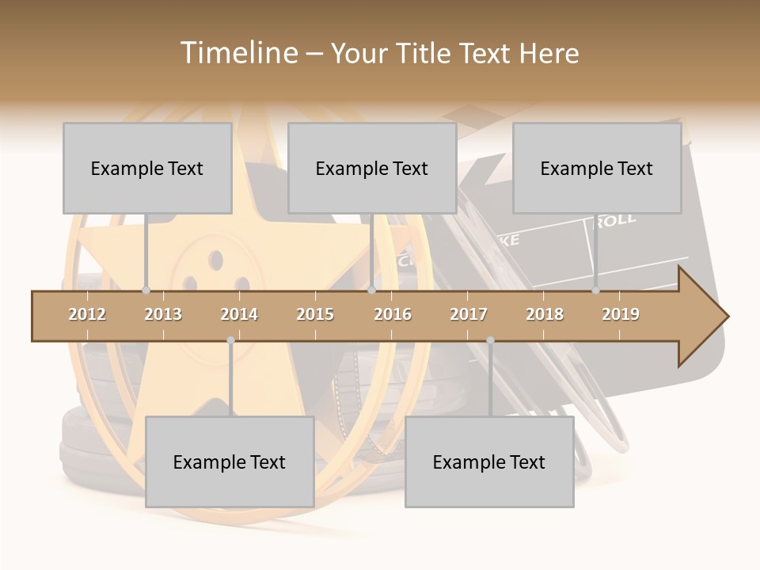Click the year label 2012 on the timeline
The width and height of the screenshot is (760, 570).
[x=87, y=314]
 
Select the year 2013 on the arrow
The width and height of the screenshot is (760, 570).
[x=163, y=314]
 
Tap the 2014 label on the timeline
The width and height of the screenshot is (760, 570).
[x=239, y=314]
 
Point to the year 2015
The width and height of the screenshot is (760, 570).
[x=315, y=314]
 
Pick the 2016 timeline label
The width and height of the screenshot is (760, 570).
[x=393, y=314]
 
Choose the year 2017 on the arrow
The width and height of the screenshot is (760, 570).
[x=469, y=314]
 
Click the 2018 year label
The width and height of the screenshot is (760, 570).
[x=545, y=314]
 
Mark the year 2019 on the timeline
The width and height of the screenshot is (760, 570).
[x=621, y=314]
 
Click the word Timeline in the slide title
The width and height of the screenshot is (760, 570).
[x=237, y=53]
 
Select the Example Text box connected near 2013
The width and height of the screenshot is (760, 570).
[x=147, y=168]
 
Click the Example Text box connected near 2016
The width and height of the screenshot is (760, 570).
[x=372, y=168]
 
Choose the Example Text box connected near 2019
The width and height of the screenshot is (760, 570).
[x=597, y=168]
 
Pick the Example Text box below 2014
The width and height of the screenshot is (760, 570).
[x=230, y=462]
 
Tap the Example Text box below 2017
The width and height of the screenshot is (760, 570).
[x=489, y=462]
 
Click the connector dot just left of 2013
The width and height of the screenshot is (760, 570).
[x=146, y=291]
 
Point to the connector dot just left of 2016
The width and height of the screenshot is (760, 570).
[x=371, y=291]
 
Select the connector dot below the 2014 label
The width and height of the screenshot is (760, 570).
[x=230, y=340]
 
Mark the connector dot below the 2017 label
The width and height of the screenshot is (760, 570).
[x=490, y=340]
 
